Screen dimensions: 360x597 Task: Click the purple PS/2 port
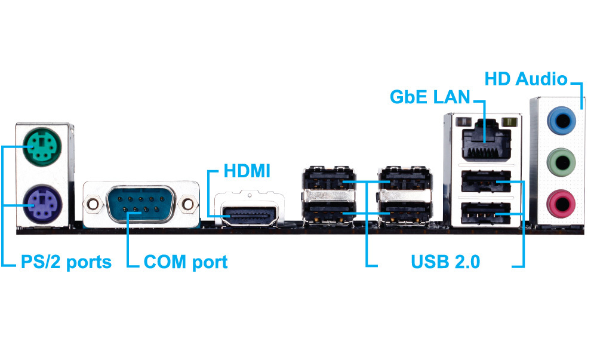point(40,204)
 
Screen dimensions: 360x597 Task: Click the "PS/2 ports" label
point(66,261)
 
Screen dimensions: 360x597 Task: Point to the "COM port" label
point(186,261)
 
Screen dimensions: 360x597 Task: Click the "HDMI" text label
point(247,172)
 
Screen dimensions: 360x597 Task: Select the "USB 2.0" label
point(445,261)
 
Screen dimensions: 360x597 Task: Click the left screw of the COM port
point(93,204)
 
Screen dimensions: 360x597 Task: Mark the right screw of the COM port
point(190,204)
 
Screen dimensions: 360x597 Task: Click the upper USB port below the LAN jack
point(485,181)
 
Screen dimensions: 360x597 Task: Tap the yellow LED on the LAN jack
point(508,122)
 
